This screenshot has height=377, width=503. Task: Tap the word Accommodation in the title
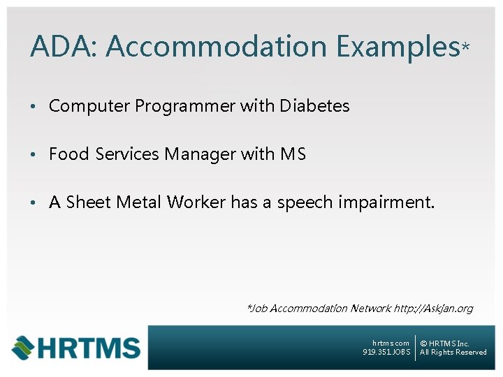pyautogui.click(x=216, y=47)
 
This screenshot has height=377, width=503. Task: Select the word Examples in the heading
pyautogui.click(x=397, y=47)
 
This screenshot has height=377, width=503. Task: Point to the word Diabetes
pyautogui.click(x=314, y=106)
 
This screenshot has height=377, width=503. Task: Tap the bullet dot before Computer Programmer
pyautogui.click(x=32, y=107)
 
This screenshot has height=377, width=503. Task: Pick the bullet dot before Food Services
pyautogui.click(x=32, y=155)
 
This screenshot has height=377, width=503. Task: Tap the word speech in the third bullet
pyautogui.click(x=305, y=203)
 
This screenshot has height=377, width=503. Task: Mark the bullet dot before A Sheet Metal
pyautogui.click(x=32, y=203)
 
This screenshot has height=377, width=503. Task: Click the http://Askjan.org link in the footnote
pyautogui.click(x=433, y=308)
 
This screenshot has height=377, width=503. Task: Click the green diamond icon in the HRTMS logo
pyautogui.click(x=24, y=347)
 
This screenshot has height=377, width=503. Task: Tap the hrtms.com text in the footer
pyautogui.click(x=391, y=343)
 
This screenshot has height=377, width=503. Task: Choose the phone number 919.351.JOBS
pyautogui.click(x=386, y=353)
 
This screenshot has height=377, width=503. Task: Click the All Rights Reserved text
pyautogui.click(x=453, y=353)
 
